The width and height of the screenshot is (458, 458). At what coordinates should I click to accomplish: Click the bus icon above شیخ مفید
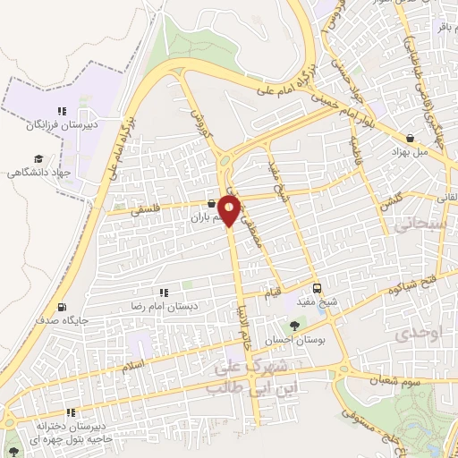(x=317, y=288)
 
